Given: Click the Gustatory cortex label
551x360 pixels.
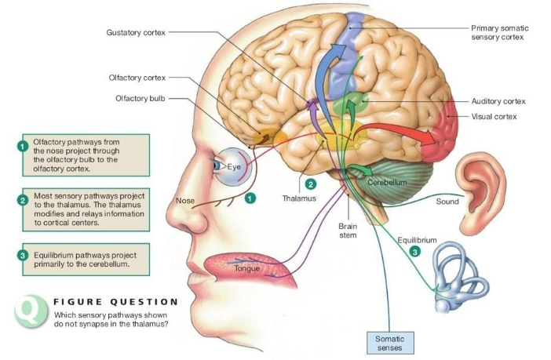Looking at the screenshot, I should pyautogui.click(x=136, y=32).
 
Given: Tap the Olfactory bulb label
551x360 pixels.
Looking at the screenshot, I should pyautogui.click(x=137, y=98).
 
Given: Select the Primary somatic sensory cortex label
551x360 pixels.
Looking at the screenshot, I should pyautogui.click(x=499, y=32).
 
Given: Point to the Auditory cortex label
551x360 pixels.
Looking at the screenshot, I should pyautogui.click(x=498, y=101).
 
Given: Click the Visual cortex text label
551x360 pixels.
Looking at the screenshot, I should pyautogui.click(x=493, y=116).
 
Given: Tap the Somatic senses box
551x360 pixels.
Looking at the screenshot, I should pyautogui.click(x=390, y=342).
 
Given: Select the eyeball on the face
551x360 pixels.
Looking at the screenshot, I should pyautogui.click(x=228, y=167).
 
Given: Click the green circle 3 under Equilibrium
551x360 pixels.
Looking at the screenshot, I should pyautogui.click(x=415, y=251).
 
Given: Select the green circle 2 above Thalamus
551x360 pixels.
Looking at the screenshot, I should pyautogui.click(x=311, y=184).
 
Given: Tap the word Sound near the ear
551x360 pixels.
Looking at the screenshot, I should pyautogui.click(x=447, y=202).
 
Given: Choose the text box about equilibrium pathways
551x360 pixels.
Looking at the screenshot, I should pyautogui.click(x=82, y=260).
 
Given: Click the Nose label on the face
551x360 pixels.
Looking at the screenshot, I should pyautogui.click(x=184, y=201).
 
